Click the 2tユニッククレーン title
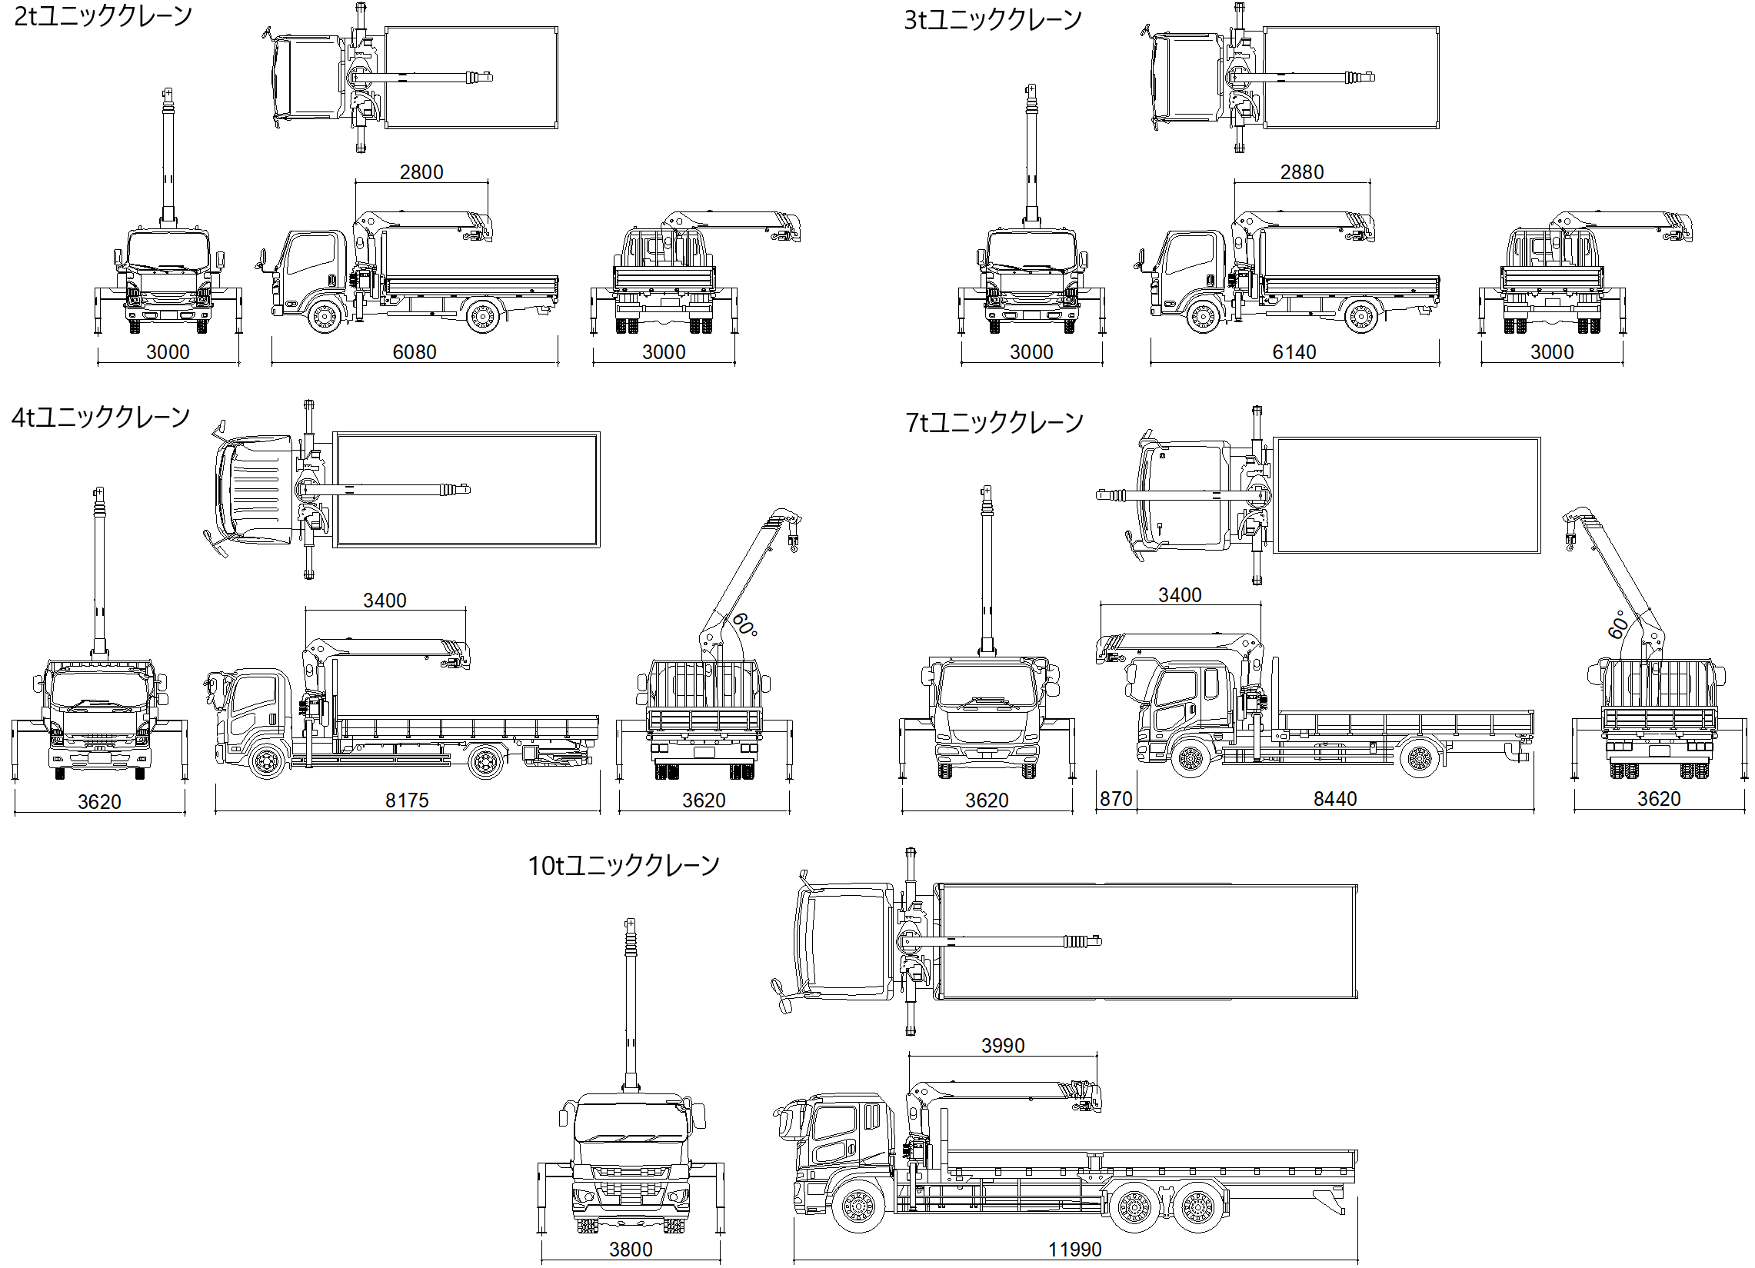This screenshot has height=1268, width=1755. pyautogui.click(x=103, y=16)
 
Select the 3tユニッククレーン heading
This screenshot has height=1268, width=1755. pyautogui.click(x=992, y=20)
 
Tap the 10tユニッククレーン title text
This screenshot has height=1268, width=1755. pyautogui.click(x=623, y=865)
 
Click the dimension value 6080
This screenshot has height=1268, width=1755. pyautogui.click(x=414, y=352)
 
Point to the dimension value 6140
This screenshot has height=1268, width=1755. pyautogui.click(x=1294, y=352)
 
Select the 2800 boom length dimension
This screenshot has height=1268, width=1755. pyautogui.click(x=421, y=171)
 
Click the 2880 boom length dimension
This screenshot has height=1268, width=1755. pyautogui.click(x=1301, y=171)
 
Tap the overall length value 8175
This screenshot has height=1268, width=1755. pyautogui.click(x=406, y=800)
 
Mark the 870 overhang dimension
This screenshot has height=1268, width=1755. pyautogui.click(x=1115, y=798)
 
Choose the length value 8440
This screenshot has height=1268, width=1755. pyautogui.click(x=1335, y=798)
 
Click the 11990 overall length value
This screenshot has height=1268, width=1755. pyautogui.click(x=1074, y=1249)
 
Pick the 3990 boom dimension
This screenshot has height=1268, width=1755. pyautogui.click(x=1002, y=1045)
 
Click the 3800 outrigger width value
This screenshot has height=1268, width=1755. pyautogui.click(x=631, y=1249)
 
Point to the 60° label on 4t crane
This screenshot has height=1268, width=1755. pyautogui.click(x=744, y=624)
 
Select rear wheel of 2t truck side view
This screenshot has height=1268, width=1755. pyautogui.click(x=482, y=316)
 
